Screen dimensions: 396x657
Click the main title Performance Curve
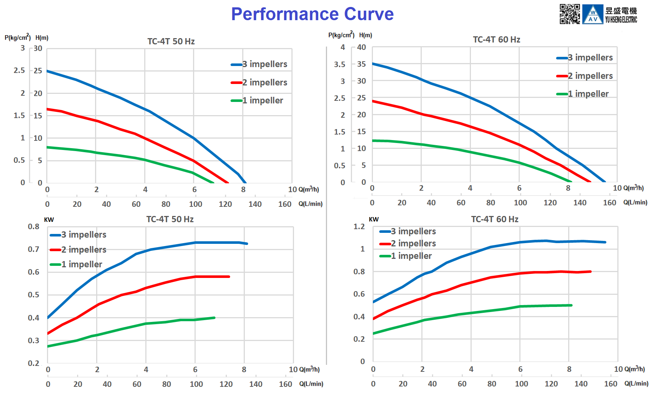(312, 14)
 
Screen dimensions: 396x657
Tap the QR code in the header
(569, 14)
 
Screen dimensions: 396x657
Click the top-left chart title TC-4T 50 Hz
(171, 41)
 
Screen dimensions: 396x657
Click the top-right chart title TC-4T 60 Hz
(496, 40)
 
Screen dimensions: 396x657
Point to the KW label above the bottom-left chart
(49, 220)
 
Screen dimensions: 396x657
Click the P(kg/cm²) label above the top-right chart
(341, 35)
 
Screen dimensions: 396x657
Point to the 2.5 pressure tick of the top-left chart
(19, 70)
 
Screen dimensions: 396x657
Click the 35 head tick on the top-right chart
(361, 64)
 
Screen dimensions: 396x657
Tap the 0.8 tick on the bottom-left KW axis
(33, 227)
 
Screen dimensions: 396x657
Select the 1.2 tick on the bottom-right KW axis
(359, 227)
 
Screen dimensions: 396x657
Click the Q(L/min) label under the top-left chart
(310, 204)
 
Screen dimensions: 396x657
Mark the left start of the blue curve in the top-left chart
(48, 71)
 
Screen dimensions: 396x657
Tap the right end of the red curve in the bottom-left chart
(229, 276)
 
